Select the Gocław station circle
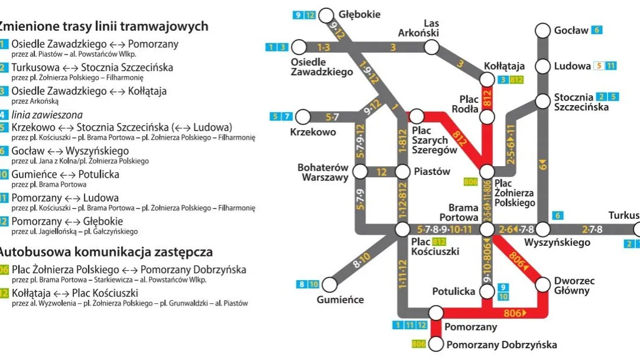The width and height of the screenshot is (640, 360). tap(543, 30)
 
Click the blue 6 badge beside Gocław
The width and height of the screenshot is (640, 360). tap(597, 30)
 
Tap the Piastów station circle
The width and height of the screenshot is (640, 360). tap(402, 172)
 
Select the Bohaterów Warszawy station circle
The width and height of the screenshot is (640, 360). tap(359, 172)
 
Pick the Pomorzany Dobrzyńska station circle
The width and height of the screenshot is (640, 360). tap(436, 344)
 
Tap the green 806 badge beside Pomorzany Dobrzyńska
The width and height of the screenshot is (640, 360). tap(419, 344)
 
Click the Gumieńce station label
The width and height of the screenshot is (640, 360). tap(340, 300)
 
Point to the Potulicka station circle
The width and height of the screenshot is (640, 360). tap(486, 291)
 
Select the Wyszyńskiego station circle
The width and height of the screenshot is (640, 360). tap(543, 229)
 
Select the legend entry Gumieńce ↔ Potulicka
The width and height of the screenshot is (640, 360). tap(65, 174)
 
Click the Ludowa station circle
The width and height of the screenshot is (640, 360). tap(543, 66)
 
